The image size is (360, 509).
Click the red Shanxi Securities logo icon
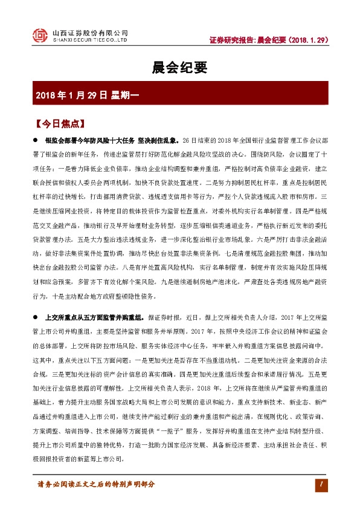(39, 36)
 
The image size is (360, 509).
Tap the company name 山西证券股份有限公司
(91, 33)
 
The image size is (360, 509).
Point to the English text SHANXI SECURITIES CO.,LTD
(90, 41)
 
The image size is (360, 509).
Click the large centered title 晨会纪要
(179, 68)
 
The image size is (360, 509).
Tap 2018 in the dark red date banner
(47, 95)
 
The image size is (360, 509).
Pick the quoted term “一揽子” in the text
(191, 434)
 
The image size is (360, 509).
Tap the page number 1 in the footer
(323, 484)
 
